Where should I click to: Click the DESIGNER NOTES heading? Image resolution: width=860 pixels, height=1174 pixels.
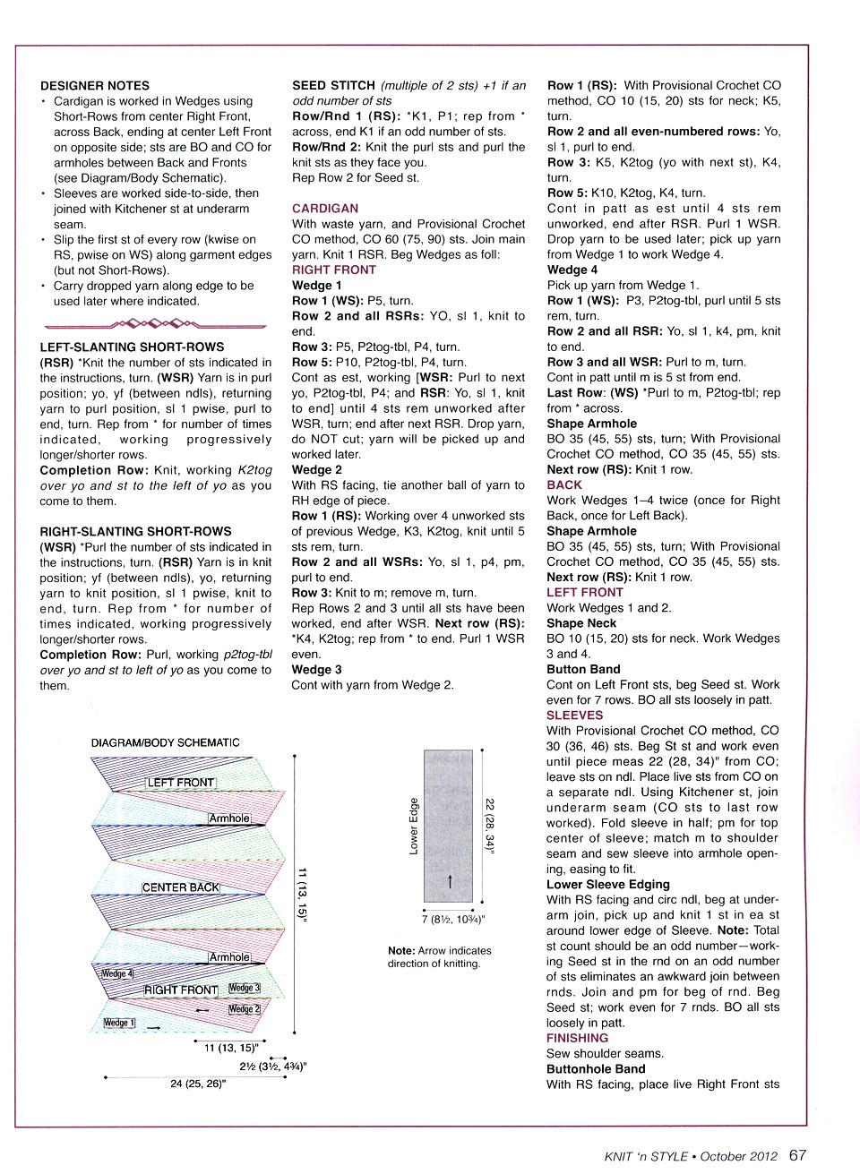pyautogui.click(x=95, y=86)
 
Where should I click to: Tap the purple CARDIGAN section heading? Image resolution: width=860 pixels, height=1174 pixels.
pyautogui.click(x=325, y=209)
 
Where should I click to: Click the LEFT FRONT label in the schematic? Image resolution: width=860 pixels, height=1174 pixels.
pyautogui.click(x=181, y=783)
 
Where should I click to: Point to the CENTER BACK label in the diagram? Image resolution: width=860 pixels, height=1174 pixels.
pyautogui.click(x=180, y=887)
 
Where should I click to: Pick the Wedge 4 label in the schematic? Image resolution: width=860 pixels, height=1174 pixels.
pyautogui.click(x=116, y=974)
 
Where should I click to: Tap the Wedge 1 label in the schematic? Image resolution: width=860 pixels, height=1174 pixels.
pyautogui.click(x=119, y=1023)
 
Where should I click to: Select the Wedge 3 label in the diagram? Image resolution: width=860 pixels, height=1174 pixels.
pyautogui.click(x=244, y=988)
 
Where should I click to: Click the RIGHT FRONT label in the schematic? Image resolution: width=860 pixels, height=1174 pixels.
pyautogui.click(x=181, y=990)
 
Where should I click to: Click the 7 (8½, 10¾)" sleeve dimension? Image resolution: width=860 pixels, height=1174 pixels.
pyautogui.click(x=452, y=919)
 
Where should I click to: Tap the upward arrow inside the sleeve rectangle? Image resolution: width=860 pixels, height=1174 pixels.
pyautogui.click(x=450, y=881)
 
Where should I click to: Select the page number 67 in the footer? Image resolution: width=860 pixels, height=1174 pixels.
pyautogui.click(x=798, y=1155)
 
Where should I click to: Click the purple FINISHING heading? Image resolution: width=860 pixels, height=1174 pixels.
pyautogui.click(x=577, y=1039)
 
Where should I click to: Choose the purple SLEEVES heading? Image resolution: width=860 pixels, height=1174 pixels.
pyautogui.click(x=574, y=716)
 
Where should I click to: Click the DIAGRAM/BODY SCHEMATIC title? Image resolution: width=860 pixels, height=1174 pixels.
pyautogui.click(x=166, y=742)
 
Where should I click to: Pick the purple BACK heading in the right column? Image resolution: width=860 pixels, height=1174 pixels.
pyautogui.click(x=564, y=484)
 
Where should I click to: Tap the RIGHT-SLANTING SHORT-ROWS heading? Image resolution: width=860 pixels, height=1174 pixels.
pyautogui.click(x=135, y=531)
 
